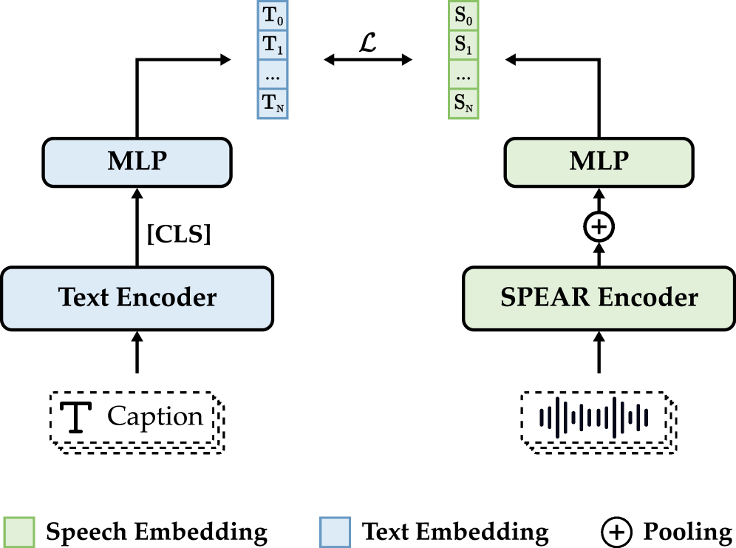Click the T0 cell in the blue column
click(272, 16)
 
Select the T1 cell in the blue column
click(272, 45)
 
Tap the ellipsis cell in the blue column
click(272, 75)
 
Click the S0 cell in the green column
click(464, 16)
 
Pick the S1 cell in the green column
click(464, 45)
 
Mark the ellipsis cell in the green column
click(464, 75)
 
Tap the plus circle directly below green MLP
click(599, 226)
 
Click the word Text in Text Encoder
click(84, 298)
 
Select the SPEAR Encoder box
click(599, 298)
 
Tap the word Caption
click(155, 417)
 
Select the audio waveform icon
click(594, 417)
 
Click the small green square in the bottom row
click(20, 532)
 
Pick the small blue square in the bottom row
click(335, 532)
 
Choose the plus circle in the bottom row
click(616, 532)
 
